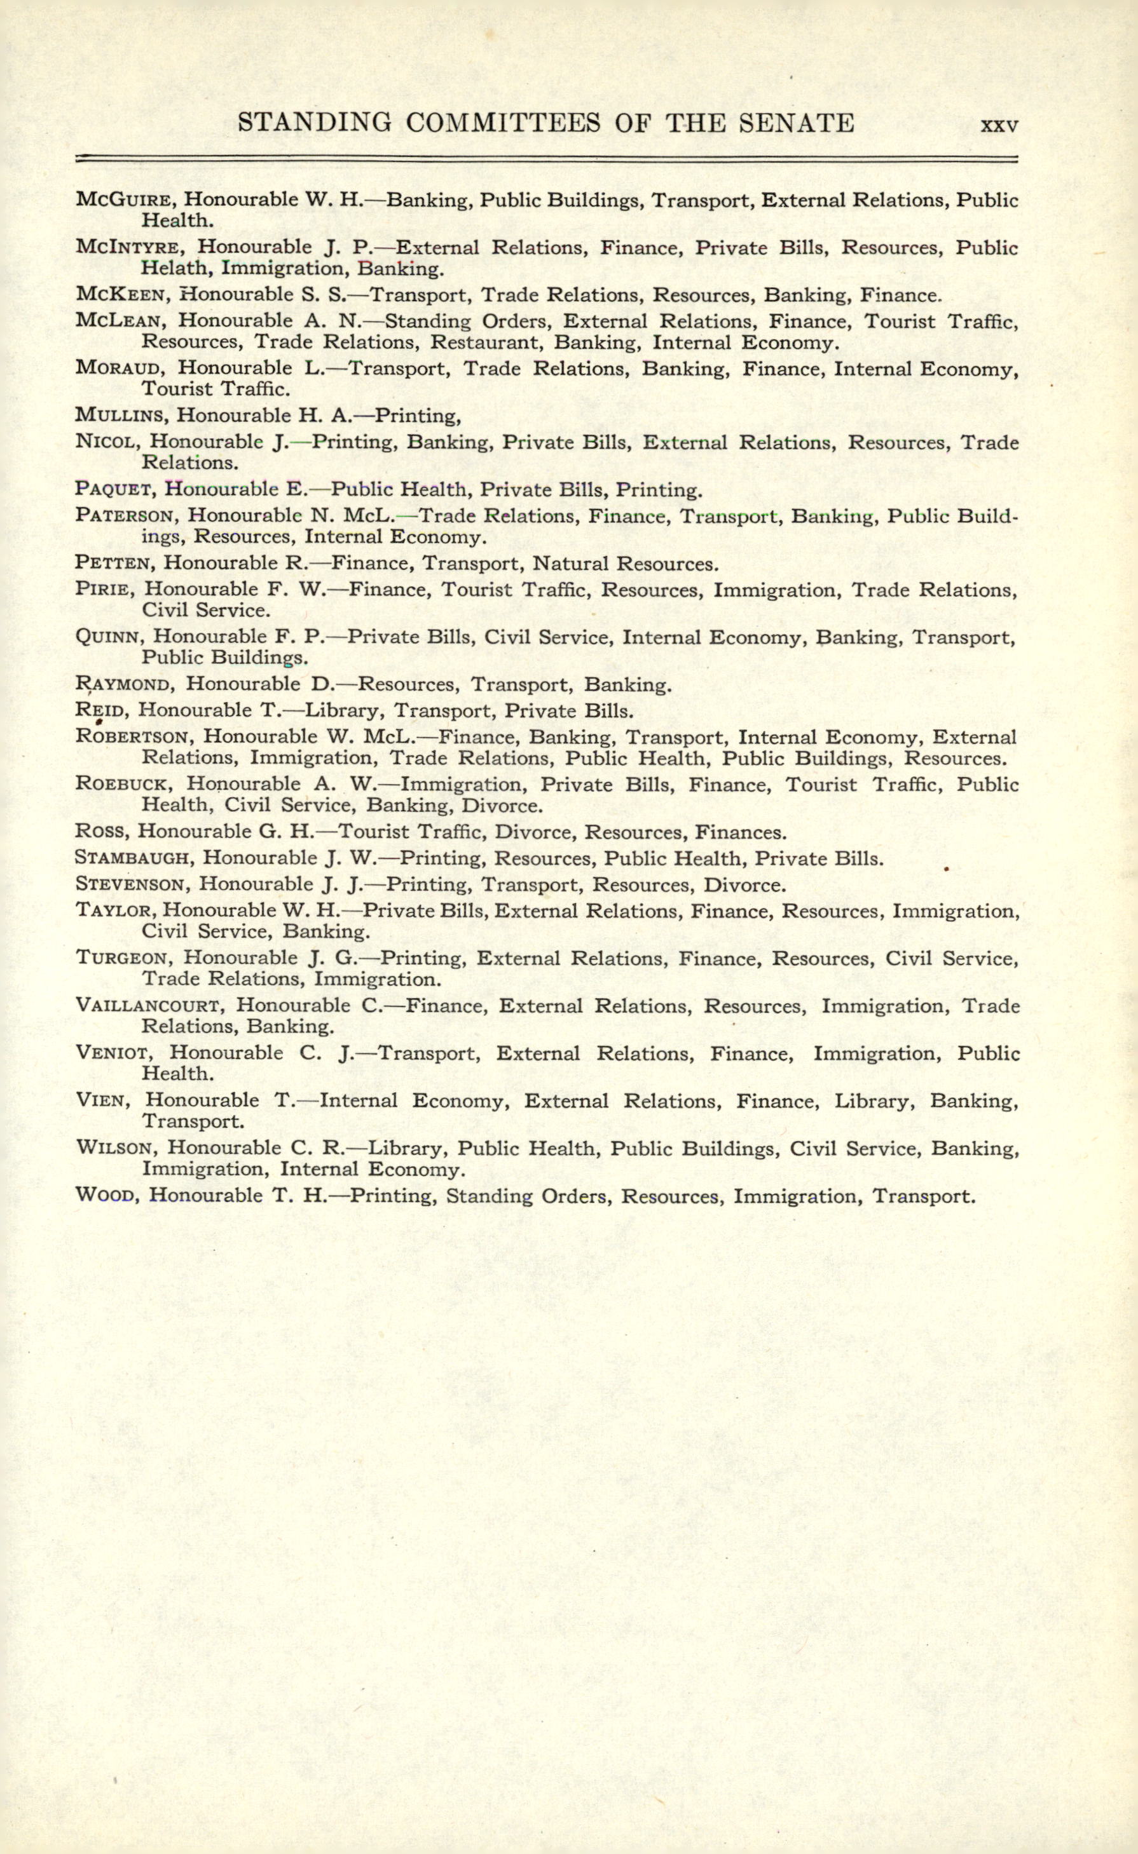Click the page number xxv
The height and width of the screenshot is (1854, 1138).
pyautogui.click(x=999, y=125)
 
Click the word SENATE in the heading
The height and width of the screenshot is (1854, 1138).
pyautogui.click(x=797, y=123)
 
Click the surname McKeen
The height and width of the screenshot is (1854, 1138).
pyautogui.click(x=119, y=295)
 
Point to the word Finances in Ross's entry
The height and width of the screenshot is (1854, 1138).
pyautogui.click(x=740, y=832)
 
